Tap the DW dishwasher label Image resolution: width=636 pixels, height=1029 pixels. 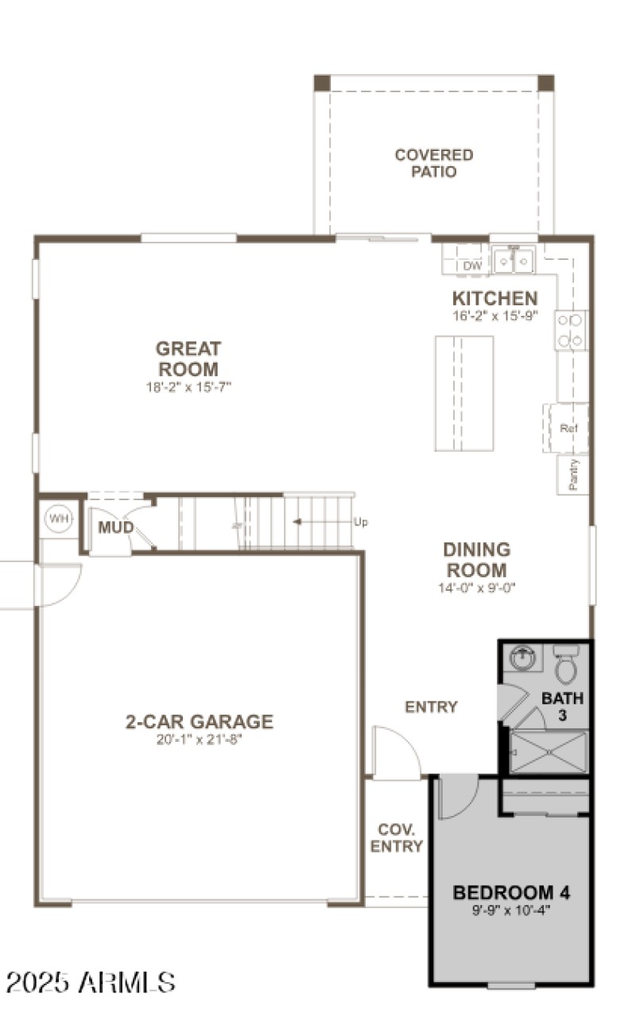[x=472, y=266]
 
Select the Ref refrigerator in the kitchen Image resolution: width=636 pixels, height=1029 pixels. [x=568, y=429]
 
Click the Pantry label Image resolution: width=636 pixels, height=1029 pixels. [x=574, y=475]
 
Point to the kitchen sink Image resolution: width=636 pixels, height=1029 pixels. [x=513, y=259]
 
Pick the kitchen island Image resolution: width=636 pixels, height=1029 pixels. [x=463, y=393]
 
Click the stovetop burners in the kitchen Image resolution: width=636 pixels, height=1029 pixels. [x=571, y=331]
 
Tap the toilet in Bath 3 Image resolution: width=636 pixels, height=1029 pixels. [x=565, y=666]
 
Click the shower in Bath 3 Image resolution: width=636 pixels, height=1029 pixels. [x=548, y=752]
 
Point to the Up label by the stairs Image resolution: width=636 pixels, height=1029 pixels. [x=361, y=522]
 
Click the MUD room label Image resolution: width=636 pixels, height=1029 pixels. [x=115, y=527]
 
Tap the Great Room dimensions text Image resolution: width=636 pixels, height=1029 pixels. [x=188, y=387]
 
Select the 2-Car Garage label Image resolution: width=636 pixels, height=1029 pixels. [x=199, y=722]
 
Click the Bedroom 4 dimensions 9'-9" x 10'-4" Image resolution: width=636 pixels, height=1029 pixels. [x=511, y=910]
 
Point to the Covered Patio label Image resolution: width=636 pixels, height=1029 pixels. [x=434, y=163]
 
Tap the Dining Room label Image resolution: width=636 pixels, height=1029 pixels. [x=477, y=560]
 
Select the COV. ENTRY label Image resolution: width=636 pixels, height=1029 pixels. [x=396, y=837]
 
